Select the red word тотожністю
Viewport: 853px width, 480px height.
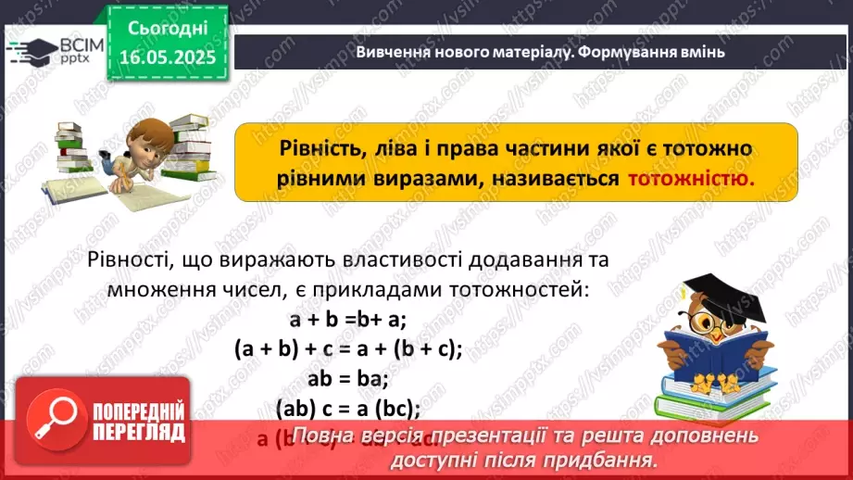click(691, 179)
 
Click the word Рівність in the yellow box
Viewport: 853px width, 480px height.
click(314, 148)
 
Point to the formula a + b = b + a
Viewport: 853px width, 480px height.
click(348, 320)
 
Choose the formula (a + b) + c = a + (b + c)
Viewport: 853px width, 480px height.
click(347, 348)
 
